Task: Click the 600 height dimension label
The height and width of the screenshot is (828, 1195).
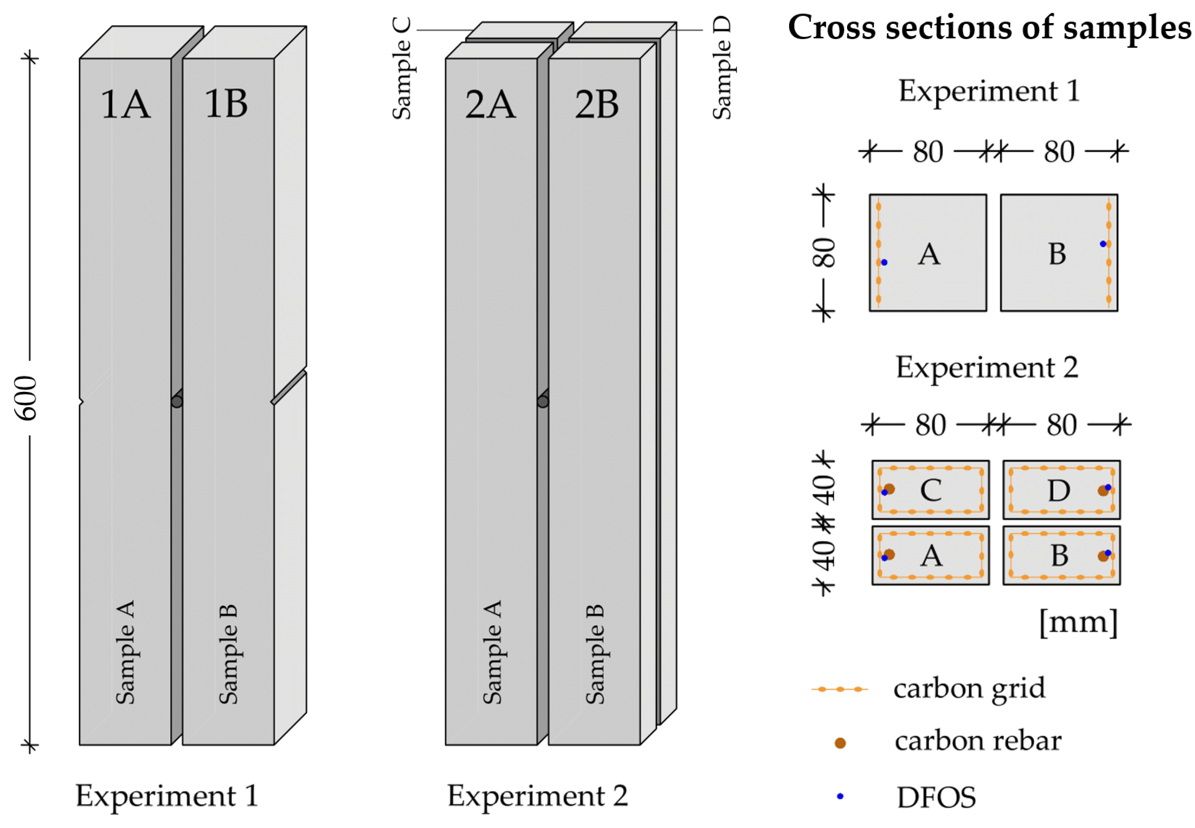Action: tap(26, 398)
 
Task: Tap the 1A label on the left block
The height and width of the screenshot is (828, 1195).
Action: tap(126, 104)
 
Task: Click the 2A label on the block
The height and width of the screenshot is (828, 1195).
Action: tap(490, 104)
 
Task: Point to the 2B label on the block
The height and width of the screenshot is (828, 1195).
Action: tap(597, 104)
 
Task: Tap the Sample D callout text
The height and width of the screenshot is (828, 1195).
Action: tap(722, 68)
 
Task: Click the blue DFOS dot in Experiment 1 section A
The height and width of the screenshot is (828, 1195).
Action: tap(884, 263)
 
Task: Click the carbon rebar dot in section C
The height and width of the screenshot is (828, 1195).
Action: tap(889, 489)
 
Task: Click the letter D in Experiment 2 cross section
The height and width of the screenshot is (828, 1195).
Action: tap(1059, 490)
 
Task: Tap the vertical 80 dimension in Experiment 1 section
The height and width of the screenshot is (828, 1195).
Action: tap(824, 253)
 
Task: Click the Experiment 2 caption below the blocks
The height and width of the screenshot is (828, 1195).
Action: tap(538, 796)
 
